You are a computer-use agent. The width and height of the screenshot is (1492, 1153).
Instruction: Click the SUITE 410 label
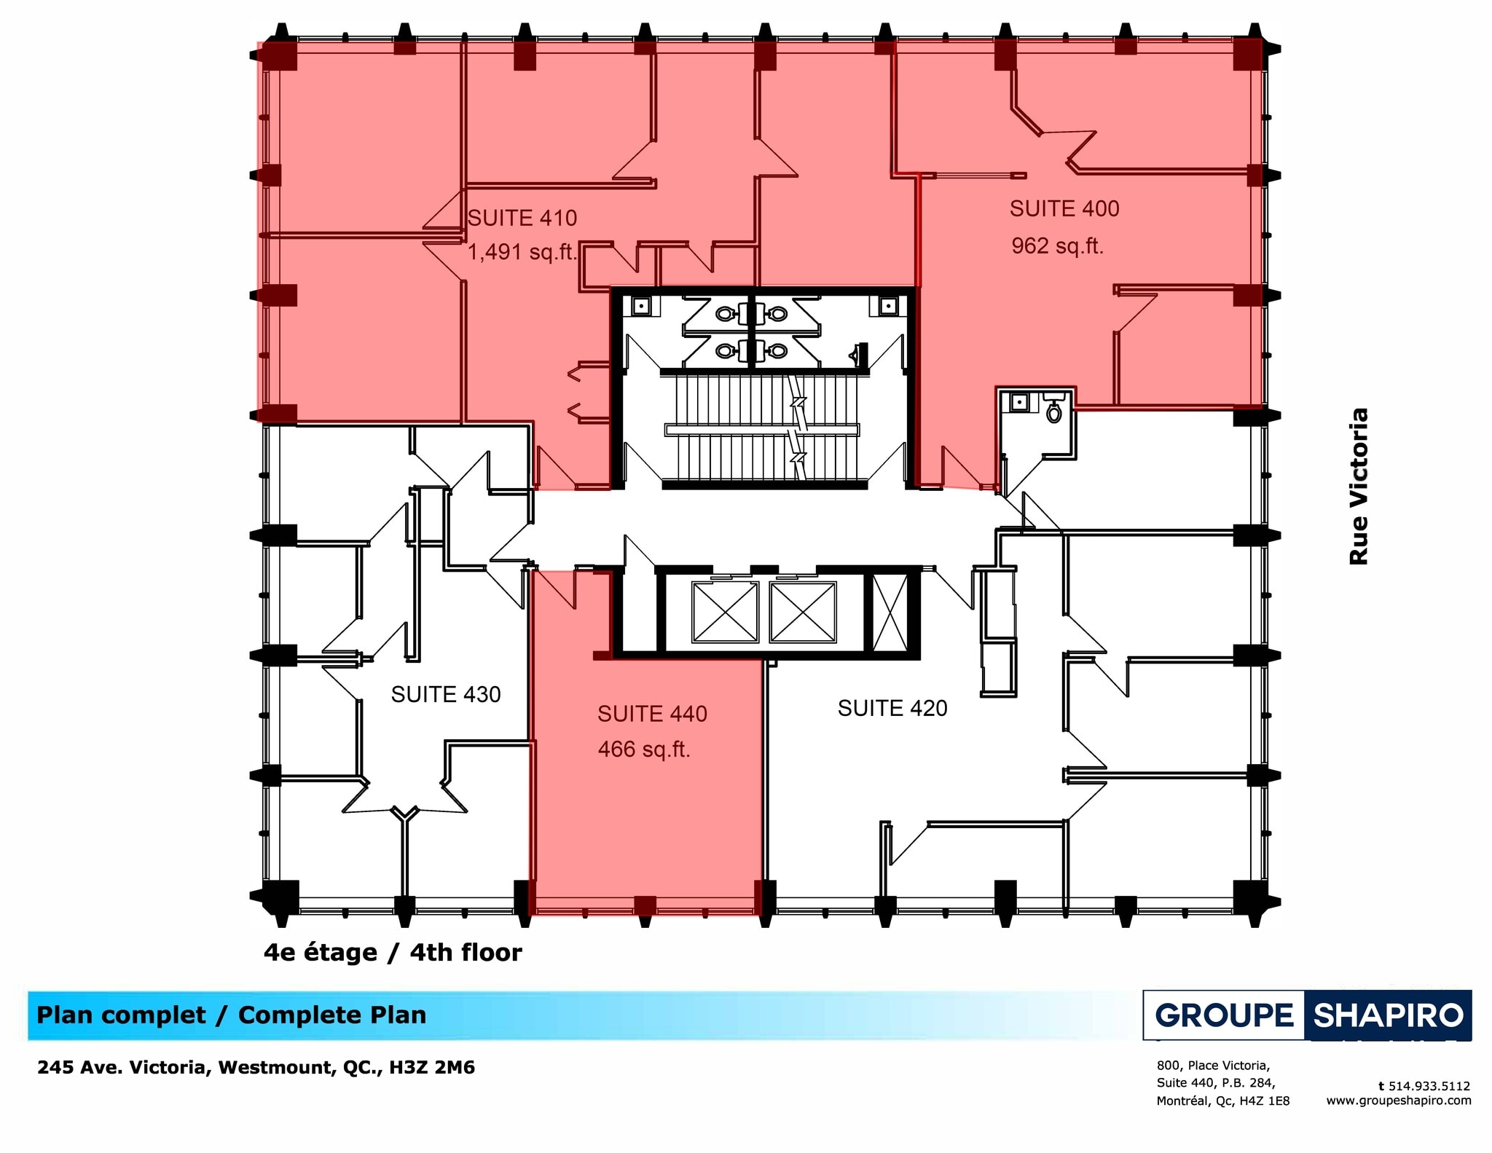(522, 218)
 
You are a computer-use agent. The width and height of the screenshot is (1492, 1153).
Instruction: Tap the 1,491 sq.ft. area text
(522, 252)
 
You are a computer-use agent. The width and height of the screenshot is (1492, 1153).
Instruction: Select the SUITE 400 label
(1064, 209)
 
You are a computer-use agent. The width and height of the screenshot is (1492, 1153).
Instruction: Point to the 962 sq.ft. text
(1057, 246)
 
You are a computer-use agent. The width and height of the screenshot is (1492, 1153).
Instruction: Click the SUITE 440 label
(652, 714)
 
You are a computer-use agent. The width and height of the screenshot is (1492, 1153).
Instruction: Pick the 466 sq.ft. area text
(644, 749)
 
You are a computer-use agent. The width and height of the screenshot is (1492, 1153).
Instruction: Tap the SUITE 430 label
(445, 695)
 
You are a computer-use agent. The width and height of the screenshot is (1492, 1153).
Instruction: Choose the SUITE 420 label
(892, 708)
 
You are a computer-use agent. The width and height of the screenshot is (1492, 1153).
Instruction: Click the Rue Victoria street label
(1358, 486)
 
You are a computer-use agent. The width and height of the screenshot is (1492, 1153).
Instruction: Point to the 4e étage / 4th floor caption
(393, 953)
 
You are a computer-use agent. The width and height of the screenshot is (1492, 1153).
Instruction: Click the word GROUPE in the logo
(1224, 1015)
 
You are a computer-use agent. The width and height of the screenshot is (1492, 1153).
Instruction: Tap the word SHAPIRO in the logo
(1388, 1015)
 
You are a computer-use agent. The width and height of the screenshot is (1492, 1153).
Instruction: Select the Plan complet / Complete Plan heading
(231, 1015)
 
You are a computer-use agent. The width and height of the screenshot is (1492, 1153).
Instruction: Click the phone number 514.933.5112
(1429, 1086)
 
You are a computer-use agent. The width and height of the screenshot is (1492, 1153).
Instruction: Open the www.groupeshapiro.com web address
(1398, 1101)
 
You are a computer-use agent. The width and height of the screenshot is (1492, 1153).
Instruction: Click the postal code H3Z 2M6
(432, 1068)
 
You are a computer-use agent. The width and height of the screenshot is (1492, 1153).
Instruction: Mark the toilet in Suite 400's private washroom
(1053, 412)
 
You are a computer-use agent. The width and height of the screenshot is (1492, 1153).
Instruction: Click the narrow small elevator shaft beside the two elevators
(890, 612)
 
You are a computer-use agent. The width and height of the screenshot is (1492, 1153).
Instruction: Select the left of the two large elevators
(724, 612)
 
